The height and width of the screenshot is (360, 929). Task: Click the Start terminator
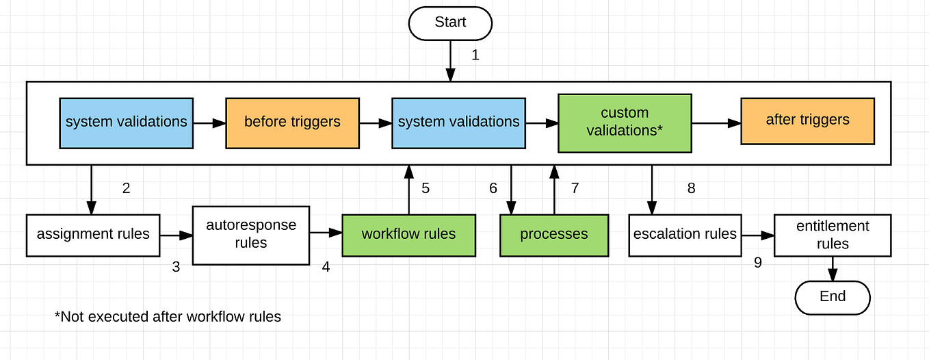[x=450, y=23]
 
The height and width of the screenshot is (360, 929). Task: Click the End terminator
[x=832, y=297]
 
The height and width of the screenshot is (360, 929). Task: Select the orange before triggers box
[x=292, y=123]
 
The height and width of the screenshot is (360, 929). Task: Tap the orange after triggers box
[x=807, y=120]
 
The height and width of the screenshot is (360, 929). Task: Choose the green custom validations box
[x=625, y=123]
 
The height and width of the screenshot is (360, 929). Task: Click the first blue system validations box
[x=126, y=123]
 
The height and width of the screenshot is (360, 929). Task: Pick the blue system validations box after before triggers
[x=458, y=123]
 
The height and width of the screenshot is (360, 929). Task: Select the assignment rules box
[x=93, y=235]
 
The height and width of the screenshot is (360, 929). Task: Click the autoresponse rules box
[x=250, y=235]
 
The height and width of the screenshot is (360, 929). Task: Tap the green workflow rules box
[x=408, y=235]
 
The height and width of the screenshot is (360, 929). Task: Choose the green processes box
[x=553, y=235]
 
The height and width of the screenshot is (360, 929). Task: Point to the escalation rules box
[x=685, y=235]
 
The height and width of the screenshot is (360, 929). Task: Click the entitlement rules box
[x=832, y=235]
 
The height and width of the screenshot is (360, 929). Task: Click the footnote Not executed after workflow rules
[x=168, y=317]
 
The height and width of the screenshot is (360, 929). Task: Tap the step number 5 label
[x=426, y=188]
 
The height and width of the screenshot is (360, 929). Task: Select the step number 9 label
[x=758, y=263]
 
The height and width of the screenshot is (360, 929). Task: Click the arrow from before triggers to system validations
[x=376, y=124]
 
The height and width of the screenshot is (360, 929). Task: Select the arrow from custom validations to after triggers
[x=716, y=124]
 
